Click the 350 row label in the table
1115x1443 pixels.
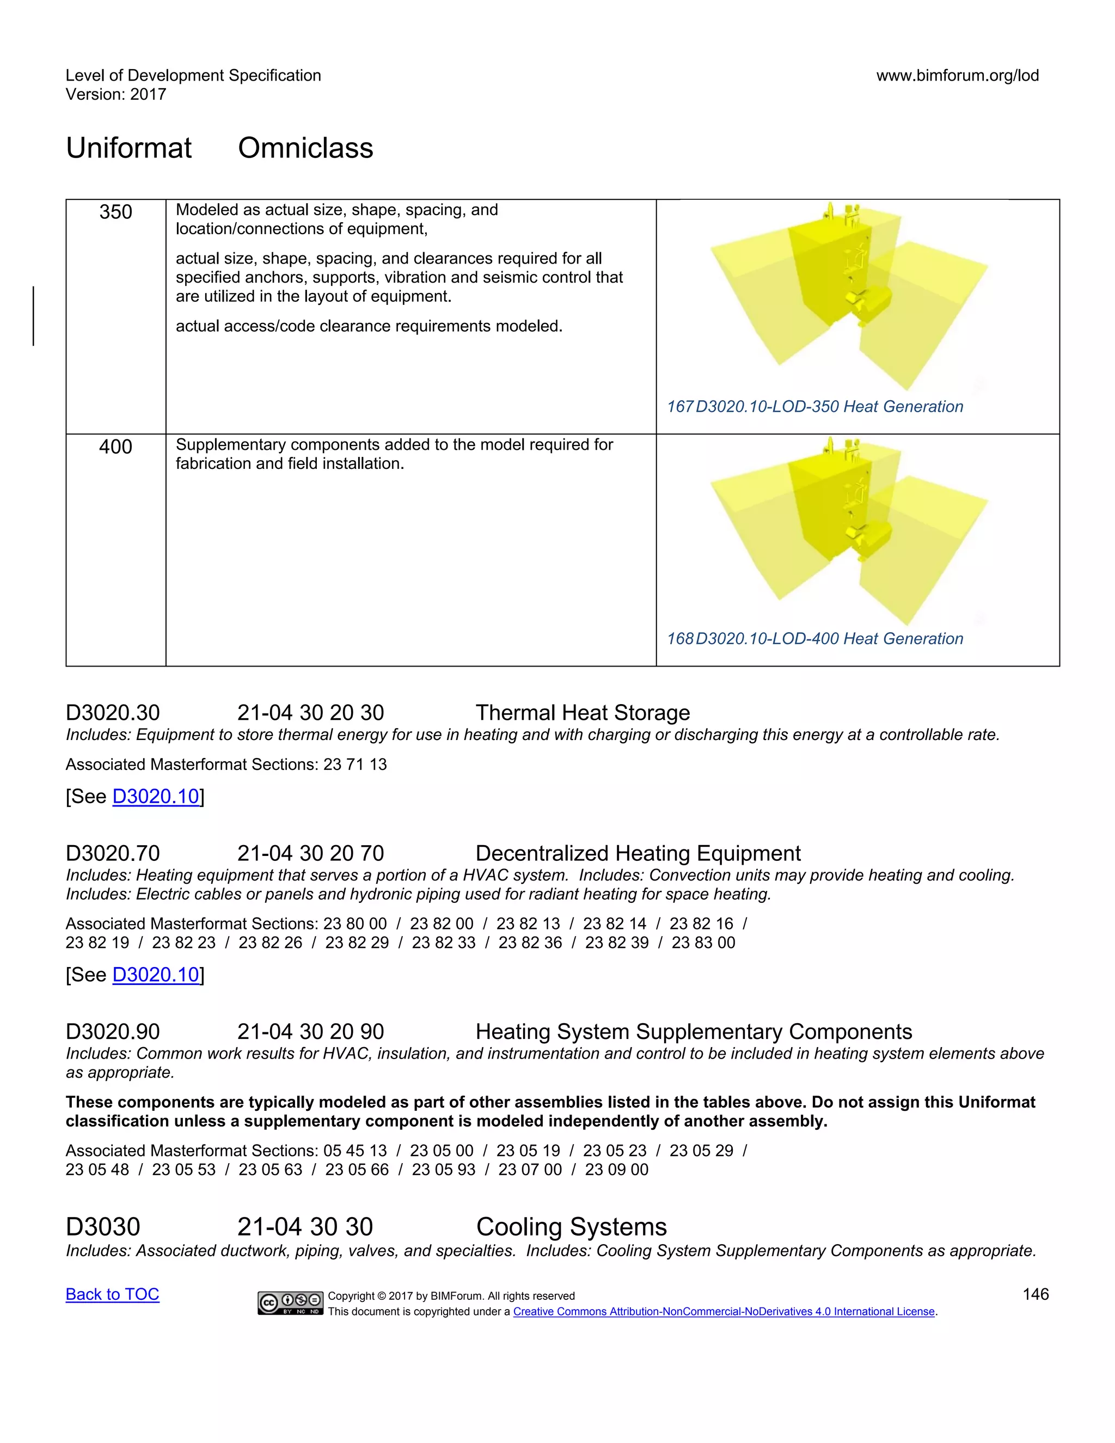pyautogui.click(x=115, y=212)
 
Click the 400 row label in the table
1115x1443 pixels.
pyautogui.click(x=115, y=447)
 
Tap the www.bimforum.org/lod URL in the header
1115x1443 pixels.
pyautogui.click(x=957, y=75)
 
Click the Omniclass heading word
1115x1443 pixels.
pyautogui.click(x=305, y=148)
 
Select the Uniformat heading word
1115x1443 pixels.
pyautogui.click(x=129, y=148)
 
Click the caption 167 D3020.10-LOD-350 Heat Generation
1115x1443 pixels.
pyautogui.click(x=814, y=406)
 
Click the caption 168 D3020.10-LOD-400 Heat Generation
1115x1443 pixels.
pyautogui.click(x=814, y=638)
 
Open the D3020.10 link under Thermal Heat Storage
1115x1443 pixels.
pyautogui.click(x=156, y=796)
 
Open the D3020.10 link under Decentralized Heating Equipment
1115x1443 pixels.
pyautogui.click(x=156, y=975)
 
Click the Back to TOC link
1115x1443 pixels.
pyautogui.click(x=112, y=1294)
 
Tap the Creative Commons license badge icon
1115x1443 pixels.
pyautogui.click(x=291, y=1303)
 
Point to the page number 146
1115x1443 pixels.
pyautogui.click(x=1035, y=1294)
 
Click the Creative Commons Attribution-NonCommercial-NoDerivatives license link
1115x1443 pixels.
pyautogui.click(x=724, y=1312)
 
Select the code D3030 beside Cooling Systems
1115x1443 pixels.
pyautogui.click(x=103, y=1227)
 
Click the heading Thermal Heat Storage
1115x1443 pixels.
pyautogui.click(x=583, y=713)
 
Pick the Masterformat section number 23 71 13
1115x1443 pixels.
pyautogui.click(x=355, y=765)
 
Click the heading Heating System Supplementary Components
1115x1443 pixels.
pyautogui.click(x=694, y=1031)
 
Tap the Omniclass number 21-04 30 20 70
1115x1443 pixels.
pyautogui.click(x=310, y=854)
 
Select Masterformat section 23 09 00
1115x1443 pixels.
pyautogui.click(x=616, y=1170)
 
